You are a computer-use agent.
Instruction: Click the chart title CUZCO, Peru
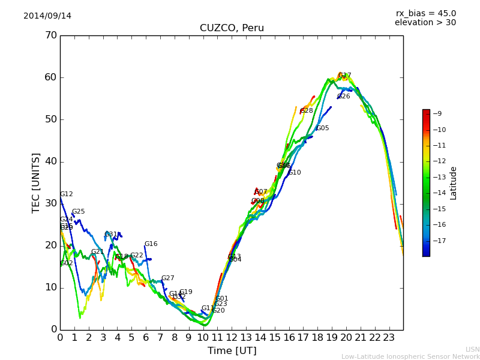pyautogui.click(x=232, y=28)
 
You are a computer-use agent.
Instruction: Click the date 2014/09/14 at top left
pyautogui.click(x=47, y=16)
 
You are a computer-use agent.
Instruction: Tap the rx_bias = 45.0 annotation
pyautogui.click(x=425, y=13)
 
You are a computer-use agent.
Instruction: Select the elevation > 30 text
pyautogui.click(x=425, y=23)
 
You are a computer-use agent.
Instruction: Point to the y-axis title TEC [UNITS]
pyautogui.click(x=36, y=182)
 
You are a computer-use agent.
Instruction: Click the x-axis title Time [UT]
pyautogui.click(x=232, y=350)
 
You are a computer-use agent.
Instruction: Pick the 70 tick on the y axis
pyautogui.click(x=50, y=35)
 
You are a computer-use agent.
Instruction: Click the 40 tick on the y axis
pyautogui.click(x=50, y=161)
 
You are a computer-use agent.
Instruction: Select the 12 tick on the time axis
pyautogui.click(x=232, y=337)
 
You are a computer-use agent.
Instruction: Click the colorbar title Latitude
pyautogui.click(x=454, y=183)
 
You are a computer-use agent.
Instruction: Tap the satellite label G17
pyautogui.click(x=344, y=76)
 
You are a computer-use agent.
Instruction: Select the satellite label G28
pyautogui.click(x=307, y=110)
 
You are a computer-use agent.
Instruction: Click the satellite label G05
pyautogui.click(x=322, y=128)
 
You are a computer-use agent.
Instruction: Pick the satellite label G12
pyautogui.click(x=66, y=194)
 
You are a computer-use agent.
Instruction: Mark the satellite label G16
pyautogui.click(x=151, y=244)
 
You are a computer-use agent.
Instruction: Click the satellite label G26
pyautogui.click(x=343, y=96)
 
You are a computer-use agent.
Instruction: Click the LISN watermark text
pyautogui.click(x=472, y=349)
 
